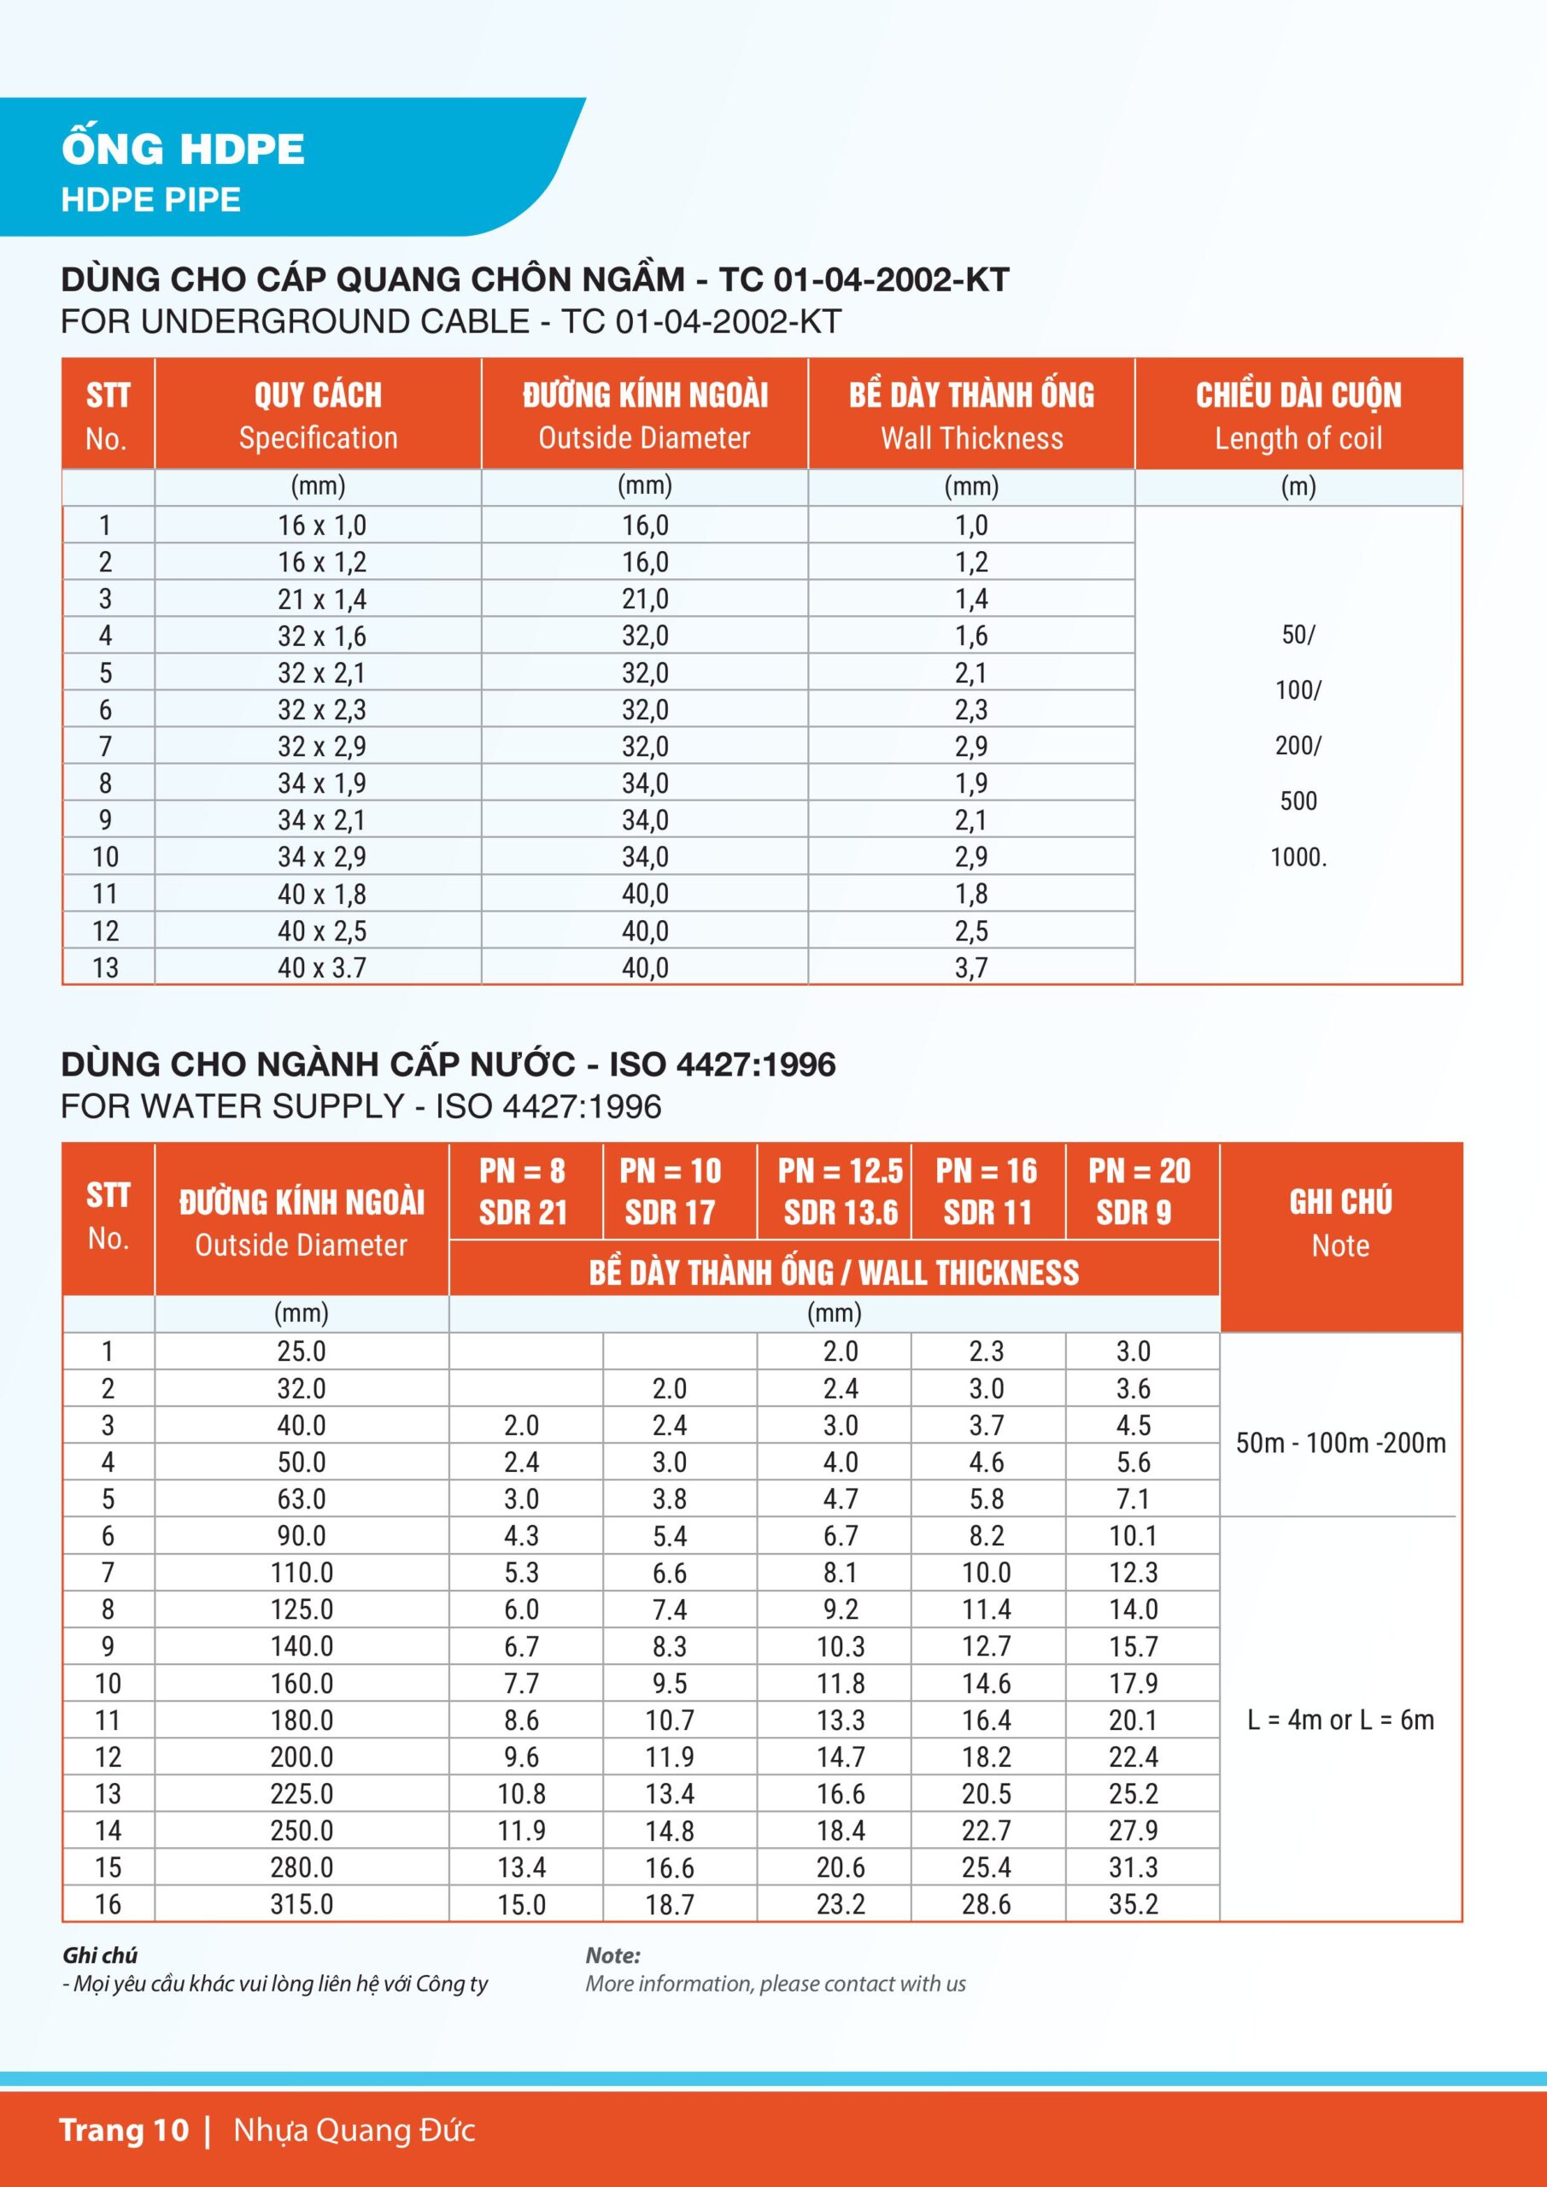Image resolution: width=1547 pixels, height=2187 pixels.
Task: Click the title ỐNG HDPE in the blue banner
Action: pos(183,150)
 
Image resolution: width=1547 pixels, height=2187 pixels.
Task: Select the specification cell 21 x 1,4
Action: pos(321,599)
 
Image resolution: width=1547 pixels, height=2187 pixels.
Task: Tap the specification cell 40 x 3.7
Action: pos(321,968)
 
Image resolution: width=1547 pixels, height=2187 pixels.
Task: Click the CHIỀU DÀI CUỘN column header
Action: pos(1298,414)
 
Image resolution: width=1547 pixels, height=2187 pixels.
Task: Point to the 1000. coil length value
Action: pos(1298,857)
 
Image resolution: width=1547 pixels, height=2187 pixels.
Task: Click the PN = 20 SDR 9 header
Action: pos(1139,1191)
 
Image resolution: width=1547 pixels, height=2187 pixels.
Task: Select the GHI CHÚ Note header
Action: pos(1339,1223)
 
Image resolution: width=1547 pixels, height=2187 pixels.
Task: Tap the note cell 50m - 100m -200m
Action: pos(1339,1443)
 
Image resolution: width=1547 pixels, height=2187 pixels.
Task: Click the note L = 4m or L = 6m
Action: pos(1339,1720)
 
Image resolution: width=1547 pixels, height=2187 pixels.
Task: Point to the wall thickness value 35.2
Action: pos(1133,1904)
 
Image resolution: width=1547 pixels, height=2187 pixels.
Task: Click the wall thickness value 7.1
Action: pos(1133,1498)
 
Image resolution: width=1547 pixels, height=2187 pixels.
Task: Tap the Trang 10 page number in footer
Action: pos(124,2130)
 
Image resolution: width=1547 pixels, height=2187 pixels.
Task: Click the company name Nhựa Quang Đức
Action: pos(354,2130)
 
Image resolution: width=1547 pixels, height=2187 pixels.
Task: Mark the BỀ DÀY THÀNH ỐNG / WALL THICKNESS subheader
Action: pos(834,1273)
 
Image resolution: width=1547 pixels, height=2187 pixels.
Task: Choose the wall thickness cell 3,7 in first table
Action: pos(970,968)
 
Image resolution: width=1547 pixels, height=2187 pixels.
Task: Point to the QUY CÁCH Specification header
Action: pos(317,414)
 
